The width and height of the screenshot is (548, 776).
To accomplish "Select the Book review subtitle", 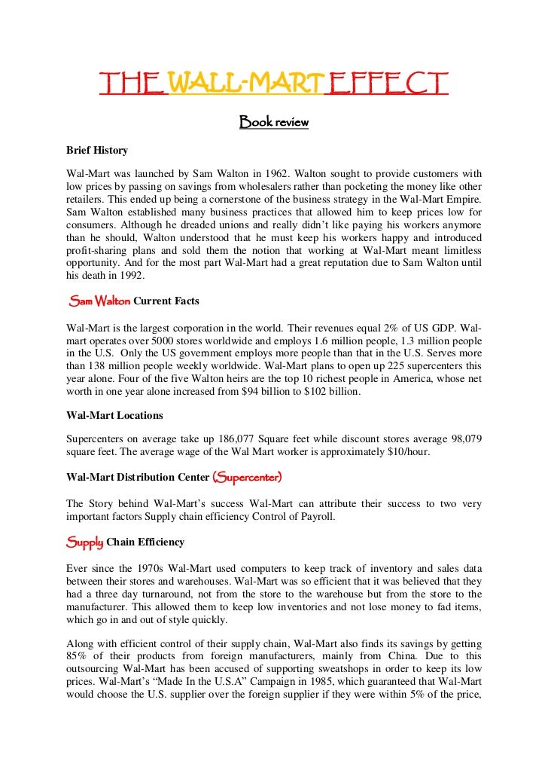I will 274,121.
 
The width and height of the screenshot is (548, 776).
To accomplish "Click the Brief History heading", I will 97,150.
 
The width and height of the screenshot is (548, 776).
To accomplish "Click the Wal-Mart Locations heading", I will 114,415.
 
